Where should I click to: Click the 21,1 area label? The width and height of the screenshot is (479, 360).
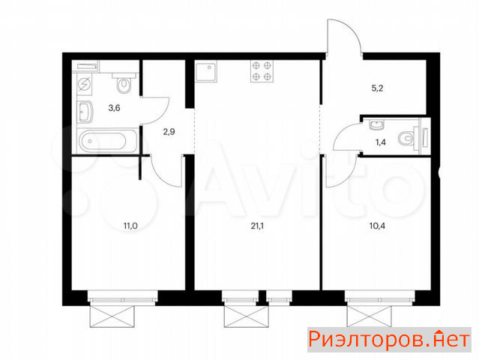pos(257,226)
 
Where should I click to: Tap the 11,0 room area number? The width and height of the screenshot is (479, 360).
pos(130,226)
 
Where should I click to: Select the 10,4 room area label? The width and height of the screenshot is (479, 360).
pos(377,226)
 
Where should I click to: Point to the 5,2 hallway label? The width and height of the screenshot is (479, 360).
pos(377,88)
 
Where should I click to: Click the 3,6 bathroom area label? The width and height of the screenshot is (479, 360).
pos(114,107)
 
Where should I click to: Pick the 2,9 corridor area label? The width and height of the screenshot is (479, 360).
pos(169,132)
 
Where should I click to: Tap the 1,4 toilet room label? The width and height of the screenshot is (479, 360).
pos(381,142)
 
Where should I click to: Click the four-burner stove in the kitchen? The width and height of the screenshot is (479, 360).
pos(262,71)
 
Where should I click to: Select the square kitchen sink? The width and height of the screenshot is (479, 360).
pos(206,72)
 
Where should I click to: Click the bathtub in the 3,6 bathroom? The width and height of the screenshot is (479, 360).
pos(107,141)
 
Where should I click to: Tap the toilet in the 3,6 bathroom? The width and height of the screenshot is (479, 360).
pos(124,82)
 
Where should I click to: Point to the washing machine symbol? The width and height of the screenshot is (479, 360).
pos(84,83)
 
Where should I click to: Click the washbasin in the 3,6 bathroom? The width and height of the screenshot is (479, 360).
pos(85,112)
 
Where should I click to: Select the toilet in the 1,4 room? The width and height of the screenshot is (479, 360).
pos(409,139)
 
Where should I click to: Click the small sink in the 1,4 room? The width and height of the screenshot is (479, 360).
pos(377,124)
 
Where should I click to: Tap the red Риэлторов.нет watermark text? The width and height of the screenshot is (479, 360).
pos(389,340)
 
